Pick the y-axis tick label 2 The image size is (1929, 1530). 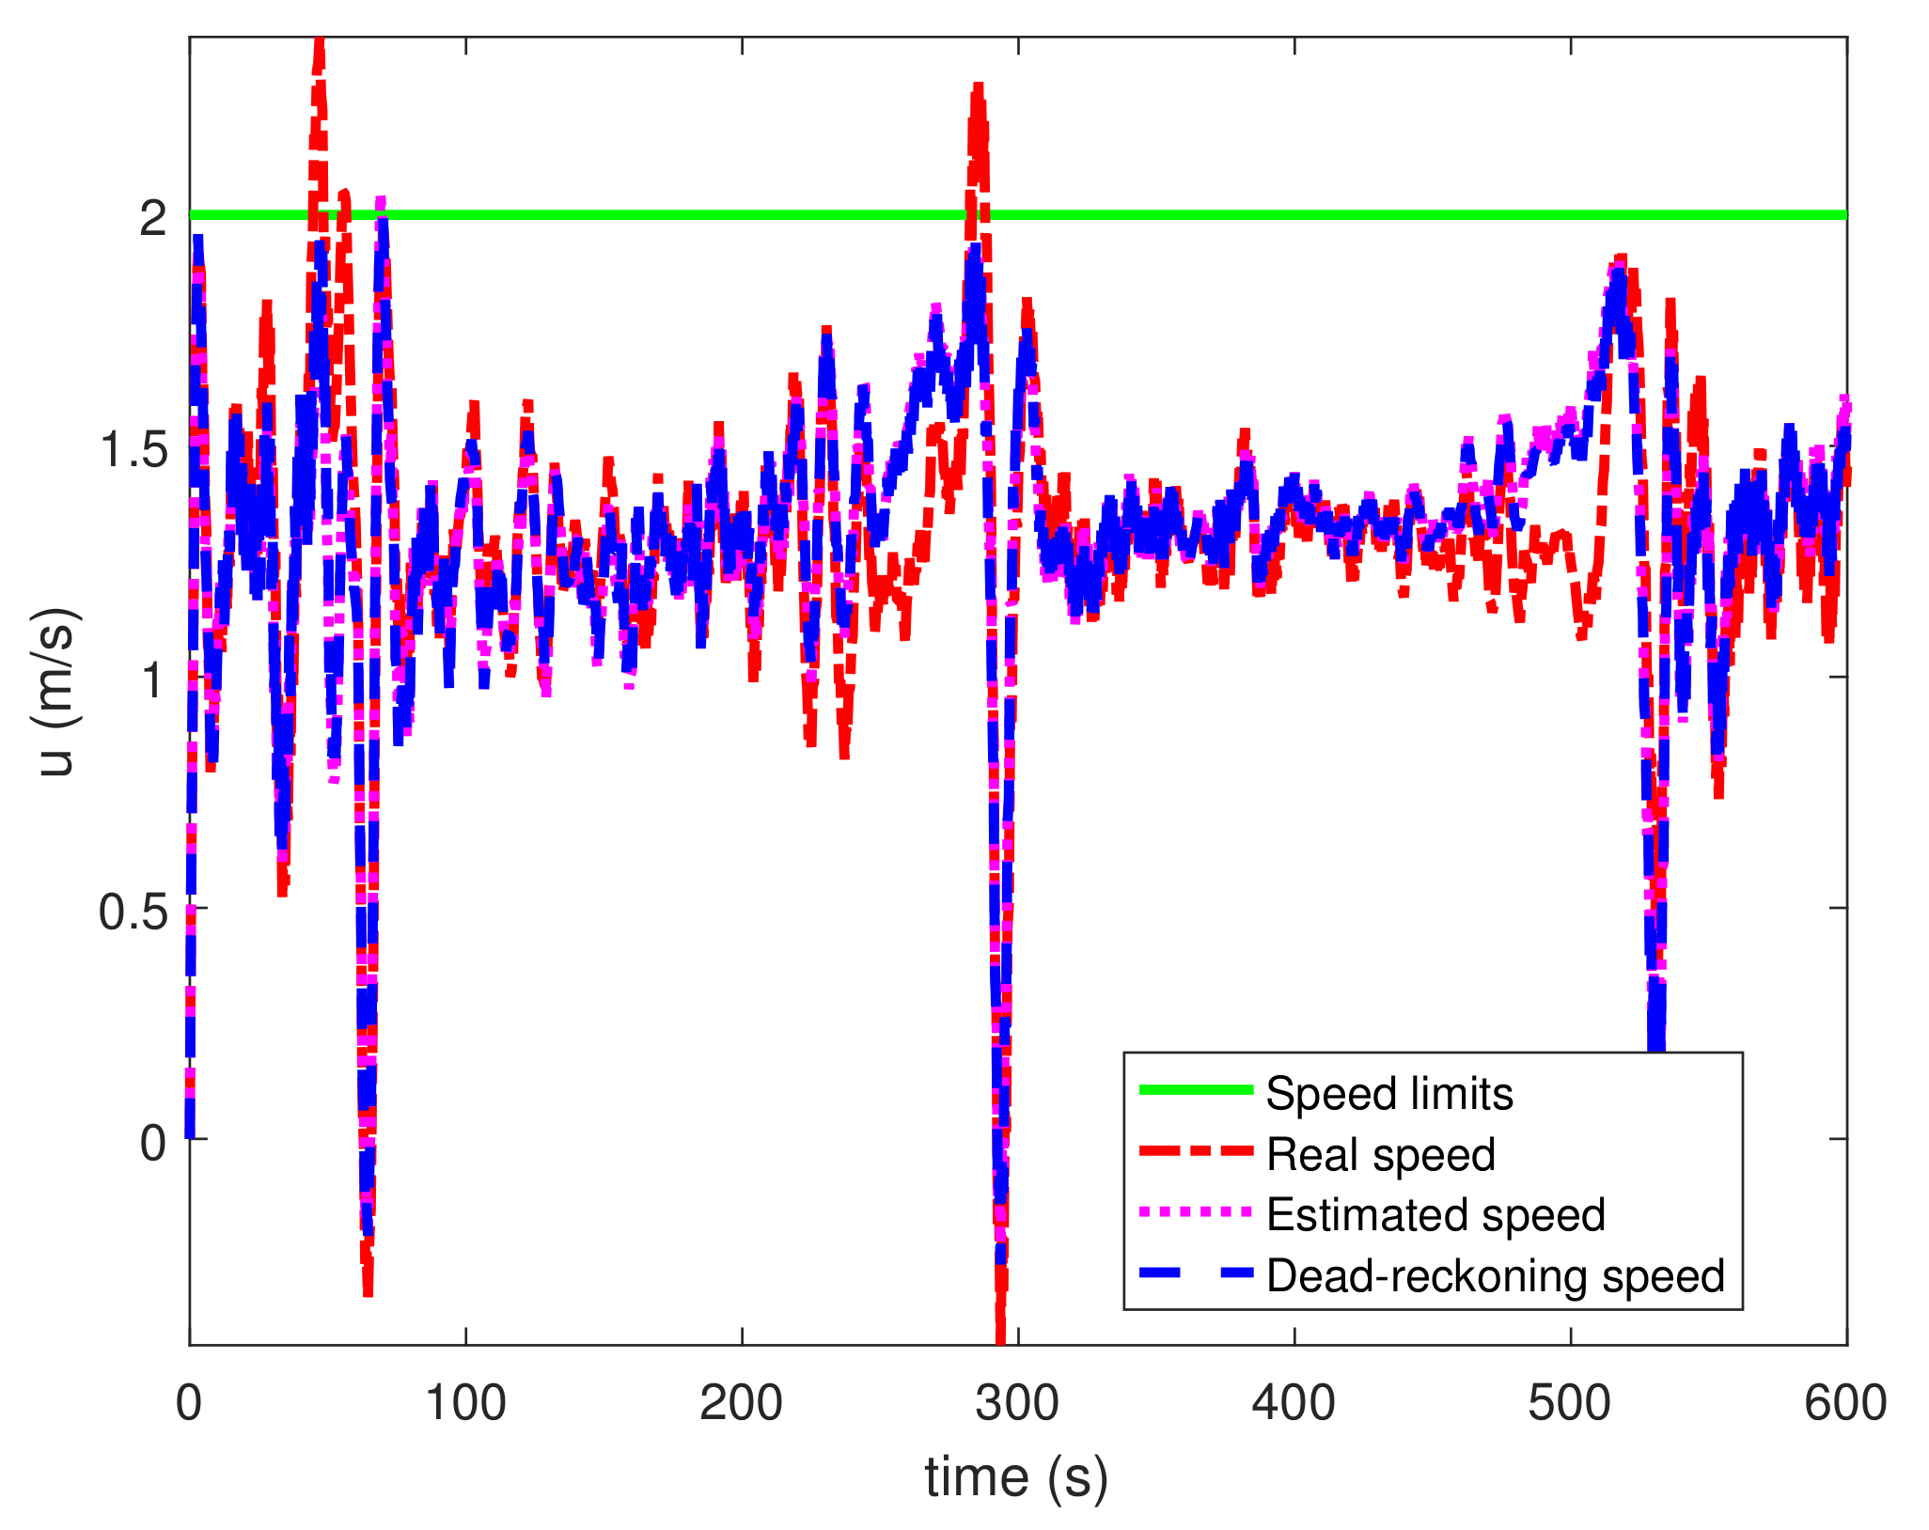(152, 219)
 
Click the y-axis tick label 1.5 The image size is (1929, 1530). (133, 449)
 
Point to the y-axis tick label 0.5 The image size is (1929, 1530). (133, 911)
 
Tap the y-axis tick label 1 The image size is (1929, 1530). (152, 679)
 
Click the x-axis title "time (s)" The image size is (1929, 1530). (1016, 1478)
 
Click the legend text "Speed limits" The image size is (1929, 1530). (1389, 1094)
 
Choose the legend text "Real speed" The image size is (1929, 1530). (1380, 1154)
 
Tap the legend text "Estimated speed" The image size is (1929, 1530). (1435, 1214)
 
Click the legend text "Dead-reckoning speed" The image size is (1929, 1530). (1495, 1275)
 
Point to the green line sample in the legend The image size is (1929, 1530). (1196, 1090)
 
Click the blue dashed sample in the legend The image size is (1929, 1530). (1196, 1272)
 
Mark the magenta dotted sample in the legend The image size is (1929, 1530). (1196, 1212)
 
